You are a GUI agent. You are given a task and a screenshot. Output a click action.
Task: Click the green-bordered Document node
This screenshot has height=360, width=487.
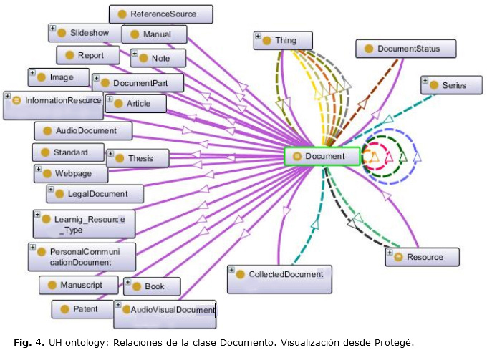pyautogui.click(x=322, y=156)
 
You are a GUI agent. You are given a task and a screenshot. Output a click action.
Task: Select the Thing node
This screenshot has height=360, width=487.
pyautogui.click(x=284, y=41)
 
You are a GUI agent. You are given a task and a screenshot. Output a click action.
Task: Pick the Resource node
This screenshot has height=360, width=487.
pyautogui.click(x=423, y=257)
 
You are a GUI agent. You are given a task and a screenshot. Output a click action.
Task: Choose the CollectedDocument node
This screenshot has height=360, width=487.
pyautogui.click(x=280, y=275)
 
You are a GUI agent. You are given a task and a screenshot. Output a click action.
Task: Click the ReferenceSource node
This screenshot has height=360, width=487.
pyautogui.click(x=162, y=14)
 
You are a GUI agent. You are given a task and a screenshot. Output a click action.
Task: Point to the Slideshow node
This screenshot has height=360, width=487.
pyautogui.click(x=84, y=33)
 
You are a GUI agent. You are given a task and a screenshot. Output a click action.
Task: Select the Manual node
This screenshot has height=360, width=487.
pyautogui.click(x=154, y=34)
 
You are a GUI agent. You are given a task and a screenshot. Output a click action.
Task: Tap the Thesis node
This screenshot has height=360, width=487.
pyautogui.click(x=138, y=158)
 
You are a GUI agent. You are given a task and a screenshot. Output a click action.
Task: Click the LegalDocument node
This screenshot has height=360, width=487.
pyautogui.click(x=95, y=194)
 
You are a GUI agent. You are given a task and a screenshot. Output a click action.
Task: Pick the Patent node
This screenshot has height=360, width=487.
pyautogui.click(x=83, y=309)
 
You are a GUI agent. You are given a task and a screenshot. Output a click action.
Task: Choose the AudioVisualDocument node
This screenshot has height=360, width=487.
pyautogui.click(x=165, y=310)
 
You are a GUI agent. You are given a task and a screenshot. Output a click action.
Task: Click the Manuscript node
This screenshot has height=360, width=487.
pyautogui.click(x=79, y=285)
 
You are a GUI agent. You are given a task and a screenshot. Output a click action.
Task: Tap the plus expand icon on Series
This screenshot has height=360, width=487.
pyautogui.click(x=425, y=81)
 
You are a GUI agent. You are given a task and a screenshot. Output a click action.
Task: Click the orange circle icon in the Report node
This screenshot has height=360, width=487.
pyautogui.click(x=69, y=55)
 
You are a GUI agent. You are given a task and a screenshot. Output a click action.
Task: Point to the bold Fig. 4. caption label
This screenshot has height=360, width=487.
pyautogui.click(x=29, y=343)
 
